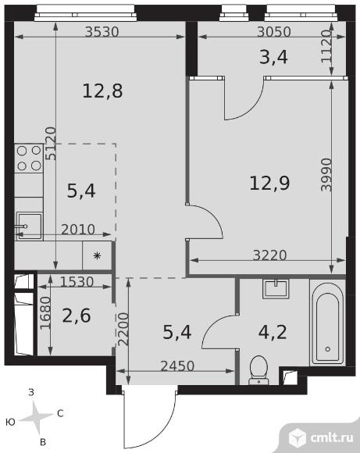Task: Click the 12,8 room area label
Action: pos(102,91)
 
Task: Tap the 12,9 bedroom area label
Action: pos(269,184)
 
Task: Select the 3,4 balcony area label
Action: pos(273,57)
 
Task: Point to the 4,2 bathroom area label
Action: pos(273,332)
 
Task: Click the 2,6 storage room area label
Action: pos(77,316)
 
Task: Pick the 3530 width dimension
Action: pos(102,32)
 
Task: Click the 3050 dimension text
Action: pos(274,32)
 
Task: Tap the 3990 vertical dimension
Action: pos(326,174)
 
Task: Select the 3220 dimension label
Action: pos(269,255)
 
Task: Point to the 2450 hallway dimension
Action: pos(177,366)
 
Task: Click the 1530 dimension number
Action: pos(77,282)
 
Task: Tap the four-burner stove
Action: pos(29,159)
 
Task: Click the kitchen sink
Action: pos(29,226)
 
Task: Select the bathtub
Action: pos(327,322)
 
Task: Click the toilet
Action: pos(258,370)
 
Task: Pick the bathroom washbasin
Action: pos(276,289)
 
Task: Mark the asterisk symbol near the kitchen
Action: pos(97,255)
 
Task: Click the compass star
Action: pos(37,416)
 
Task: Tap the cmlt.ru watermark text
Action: pos(332,437)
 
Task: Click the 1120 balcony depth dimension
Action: pos(326,46)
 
